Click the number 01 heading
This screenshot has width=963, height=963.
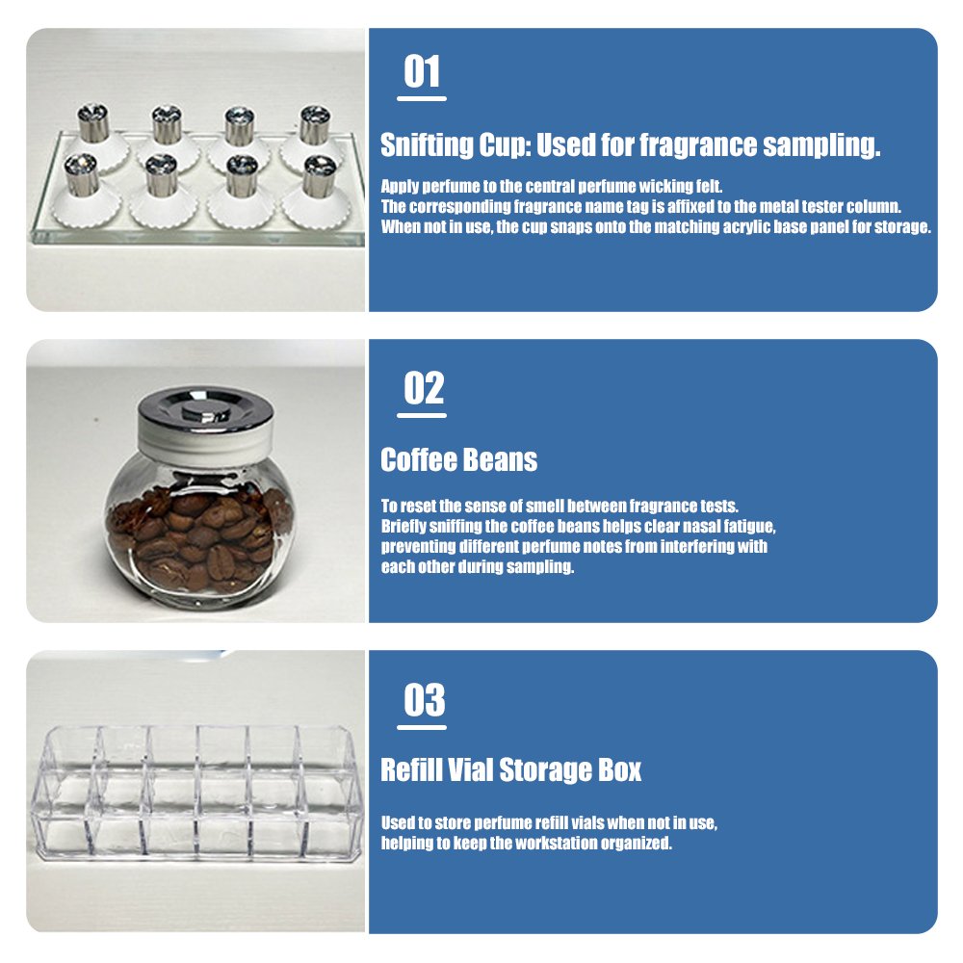pyautogui.click(x=422, y=71)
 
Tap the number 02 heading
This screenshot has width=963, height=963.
pyautogui.click(x=424, y=388)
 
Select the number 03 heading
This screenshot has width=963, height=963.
pyautogui.click(x=424, y=700)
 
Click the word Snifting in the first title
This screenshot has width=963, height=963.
pyautogui.click(x=427, y=145)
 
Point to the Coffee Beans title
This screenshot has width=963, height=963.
pyautogui.click(x=458, y=459)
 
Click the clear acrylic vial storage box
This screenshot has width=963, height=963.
pyautogui.click(x=196, y=793)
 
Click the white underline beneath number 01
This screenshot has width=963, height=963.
pyautogui.click(x=422, y=98)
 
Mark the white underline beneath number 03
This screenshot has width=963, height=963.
pyautogui.click(x=422, y=727)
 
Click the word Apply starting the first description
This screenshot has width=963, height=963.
pyautogui.click(x=400, y=187)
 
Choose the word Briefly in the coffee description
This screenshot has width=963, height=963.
pyautogui.click(x=403, y=527)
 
